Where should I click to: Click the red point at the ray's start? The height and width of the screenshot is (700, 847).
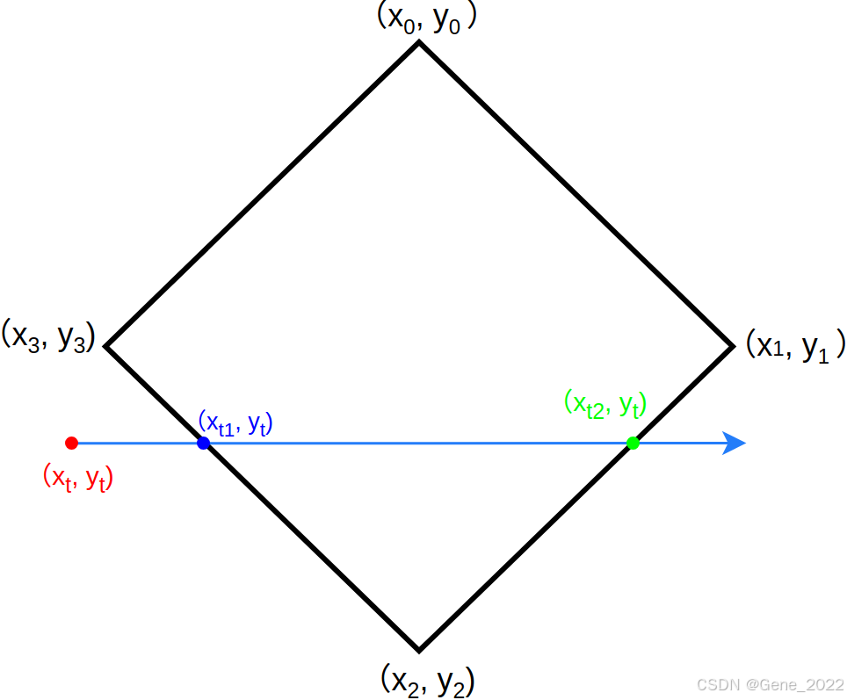72,443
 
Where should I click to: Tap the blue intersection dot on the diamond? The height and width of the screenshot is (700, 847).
203,443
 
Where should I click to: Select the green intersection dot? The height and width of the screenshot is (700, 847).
633,443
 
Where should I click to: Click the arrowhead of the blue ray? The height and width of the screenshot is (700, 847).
735,443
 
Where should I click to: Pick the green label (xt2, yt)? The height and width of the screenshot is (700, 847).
605,403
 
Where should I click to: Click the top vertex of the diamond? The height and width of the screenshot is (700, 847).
419,43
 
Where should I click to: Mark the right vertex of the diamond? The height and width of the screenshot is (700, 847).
732,346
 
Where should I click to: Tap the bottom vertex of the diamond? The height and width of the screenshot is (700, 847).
419,650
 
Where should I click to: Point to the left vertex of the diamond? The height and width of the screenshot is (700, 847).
107,346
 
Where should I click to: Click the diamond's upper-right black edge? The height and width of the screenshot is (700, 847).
576,194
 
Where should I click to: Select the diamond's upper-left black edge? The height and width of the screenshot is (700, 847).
263,194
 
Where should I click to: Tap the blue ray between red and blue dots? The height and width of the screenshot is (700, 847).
137,443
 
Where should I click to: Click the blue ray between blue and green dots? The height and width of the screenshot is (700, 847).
417,443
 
